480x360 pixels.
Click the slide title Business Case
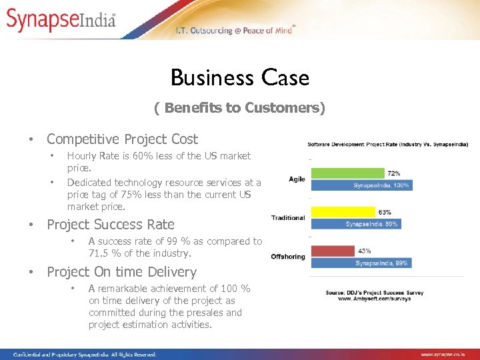[x=240, y=78]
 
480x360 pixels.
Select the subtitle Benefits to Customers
[x=239, y=108]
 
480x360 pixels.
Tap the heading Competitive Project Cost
[x=122, y=139]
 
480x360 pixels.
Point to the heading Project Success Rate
[x=111, y=225]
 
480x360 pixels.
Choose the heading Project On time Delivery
[x=121, y=272]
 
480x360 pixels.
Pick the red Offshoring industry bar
[x=332, y=251]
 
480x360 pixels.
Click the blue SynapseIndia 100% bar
[x=361, y=185]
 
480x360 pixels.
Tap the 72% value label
[x=394, y=173]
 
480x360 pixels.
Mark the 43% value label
[x=364, y=251]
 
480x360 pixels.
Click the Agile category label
[x=297, y=179]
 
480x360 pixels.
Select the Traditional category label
[x=288, y=217]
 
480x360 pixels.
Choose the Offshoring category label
[x=288, y=257]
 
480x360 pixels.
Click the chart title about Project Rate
[x=387, y=144]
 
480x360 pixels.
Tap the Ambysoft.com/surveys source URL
[x=374, y=299]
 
